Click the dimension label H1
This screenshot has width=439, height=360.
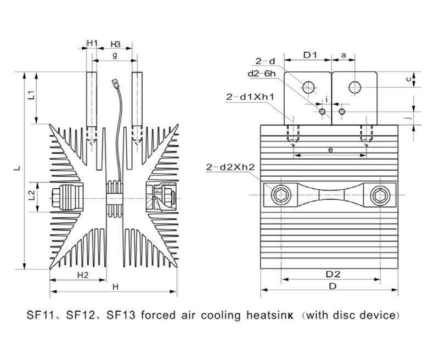click(92, 43)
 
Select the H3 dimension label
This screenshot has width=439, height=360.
click(115, 43)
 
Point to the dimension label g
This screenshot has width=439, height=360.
click(114, 55)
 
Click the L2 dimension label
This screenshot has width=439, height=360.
click(31, 194)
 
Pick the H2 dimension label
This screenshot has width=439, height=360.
click(83, 274)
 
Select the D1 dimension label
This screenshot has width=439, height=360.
click(311, 55)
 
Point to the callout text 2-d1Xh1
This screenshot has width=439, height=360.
click(250, 97)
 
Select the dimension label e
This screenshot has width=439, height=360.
click(329, 149)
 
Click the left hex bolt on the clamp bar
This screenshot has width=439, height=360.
click(281, 195)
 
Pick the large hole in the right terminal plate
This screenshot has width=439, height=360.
click(355, 86)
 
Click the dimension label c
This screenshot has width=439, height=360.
click(408, 78)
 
